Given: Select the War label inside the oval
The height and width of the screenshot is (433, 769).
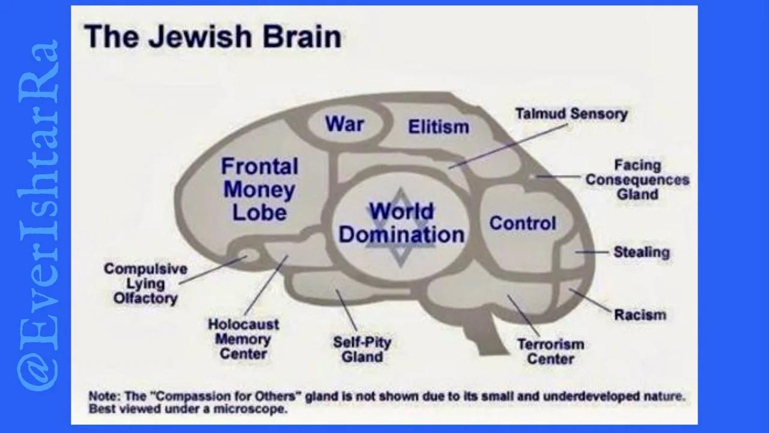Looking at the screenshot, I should point(345,124).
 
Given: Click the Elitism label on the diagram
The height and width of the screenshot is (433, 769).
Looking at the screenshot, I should point(439,127).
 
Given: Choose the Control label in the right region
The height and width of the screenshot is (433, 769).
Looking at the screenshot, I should point(522,223).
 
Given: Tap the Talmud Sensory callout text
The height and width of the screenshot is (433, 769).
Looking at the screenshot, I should point(571,114).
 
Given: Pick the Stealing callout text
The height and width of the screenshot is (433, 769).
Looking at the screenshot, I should point(641,252).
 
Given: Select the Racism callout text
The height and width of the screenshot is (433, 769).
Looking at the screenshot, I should point(640,314).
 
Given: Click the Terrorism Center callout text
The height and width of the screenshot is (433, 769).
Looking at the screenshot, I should point(550,352).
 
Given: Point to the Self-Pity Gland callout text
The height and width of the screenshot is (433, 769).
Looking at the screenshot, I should point(362,350).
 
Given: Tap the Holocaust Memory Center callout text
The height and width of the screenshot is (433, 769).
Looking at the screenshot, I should point(243,339).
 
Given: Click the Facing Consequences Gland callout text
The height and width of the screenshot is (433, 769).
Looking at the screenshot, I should point(637,180).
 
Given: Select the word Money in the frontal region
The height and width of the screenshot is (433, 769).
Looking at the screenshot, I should point(259,190).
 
